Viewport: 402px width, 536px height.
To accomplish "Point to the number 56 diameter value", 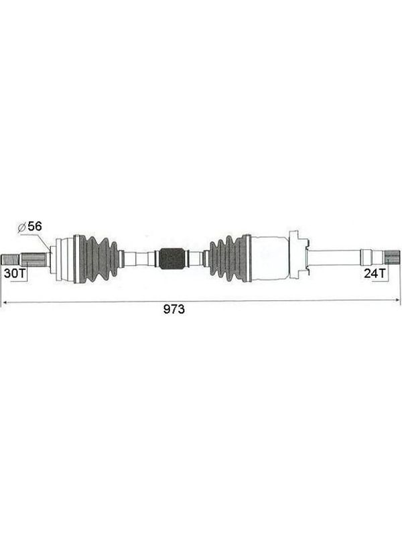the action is [x=35, y=226].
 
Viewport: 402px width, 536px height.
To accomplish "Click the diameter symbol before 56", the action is [x=21, y=227].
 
